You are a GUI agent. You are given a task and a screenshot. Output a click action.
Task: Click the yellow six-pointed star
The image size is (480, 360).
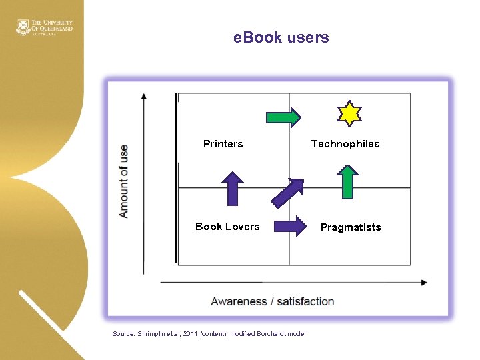(x=349, y=113)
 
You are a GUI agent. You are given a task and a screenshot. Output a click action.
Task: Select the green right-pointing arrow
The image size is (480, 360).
(x=283, y=117)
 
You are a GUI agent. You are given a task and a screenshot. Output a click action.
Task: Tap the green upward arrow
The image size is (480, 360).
(x=347, y=182)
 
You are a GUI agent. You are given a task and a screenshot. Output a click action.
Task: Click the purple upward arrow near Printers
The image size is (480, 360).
(x=232, y=188)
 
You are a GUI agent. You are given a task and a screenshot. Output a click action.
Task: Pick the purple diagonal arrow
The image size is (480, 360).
(x=287, y=193)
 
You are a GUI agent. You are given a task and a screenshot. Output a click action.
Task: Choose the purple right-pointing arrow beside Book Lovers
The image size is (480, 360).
(x=290, y=226)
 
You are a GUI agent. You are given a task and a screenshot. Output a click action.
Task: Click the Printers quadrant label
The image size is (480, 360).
(x=223, y=144)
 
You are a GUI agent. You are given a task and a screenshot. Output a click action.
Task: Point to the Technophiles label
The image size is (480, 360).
(x=345, y=144)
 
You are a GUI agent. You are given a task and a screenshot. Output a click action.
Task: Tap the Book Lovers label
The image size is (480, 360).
(x=227, y=227)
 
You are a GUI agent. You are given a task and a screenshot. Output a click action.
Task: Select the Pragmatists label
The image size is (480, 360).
(x=351, y=227)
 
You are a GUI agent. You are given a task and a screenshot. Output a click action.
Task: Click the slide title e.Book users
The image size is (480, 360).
(x=281, y=38)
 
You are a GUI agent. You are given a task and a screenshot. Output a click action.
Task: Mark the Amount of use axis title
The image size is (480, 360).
(x=123, y=181)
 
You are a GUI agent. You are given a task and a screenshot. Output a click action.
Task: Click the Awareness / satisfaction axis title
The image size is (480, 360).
(x=272, y=301)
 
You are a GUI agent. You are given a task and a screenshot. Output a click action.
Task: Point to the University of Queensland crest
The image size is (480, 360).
(x=23, y=27)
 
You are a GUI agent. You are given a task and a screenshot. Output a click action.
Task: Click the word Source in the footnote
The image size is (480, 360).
(x=123, y=334)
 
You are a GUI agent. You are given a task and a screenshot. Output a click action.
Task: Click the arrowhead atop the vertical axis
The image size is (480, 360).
(x=143, y=96)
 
